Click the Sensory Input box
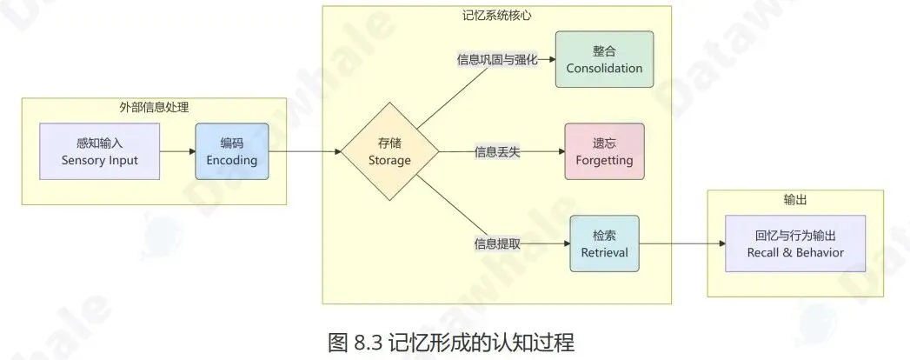(x=100, y=151)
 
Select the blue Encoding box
(x=231, y=151)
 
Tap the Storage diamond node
(x=389, y=151)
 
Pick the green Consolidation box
(x=604, y=59)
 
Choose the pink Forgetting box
(x=604, y=151)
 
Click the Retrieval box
(x=604, y=243)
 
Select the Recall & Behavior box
(x=795, y=243)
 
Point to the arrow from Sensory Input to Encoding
(x=178, y=151)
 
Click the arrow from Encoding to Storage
(x=304, y=151)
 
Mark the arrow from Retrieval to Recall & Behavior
(x=682, y=243)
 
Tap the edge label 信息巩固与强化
(x=498, y=60)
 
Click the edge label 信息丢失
(x=498, y=152)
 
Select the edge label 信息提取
(x=498, y=243)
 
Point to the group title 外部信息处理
(x=154, y=108)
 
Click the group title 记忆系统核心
(x=496, y=15)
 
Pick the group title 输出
(x=795, y=200)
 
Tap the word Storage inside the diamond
(x=389, y=160)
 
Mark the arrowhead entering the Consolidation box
(x=550, y=60)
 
